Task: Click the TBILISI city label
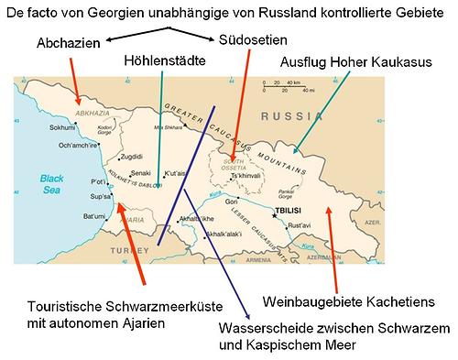pos(288,211)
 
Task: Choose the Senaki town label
pos(141,173)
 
